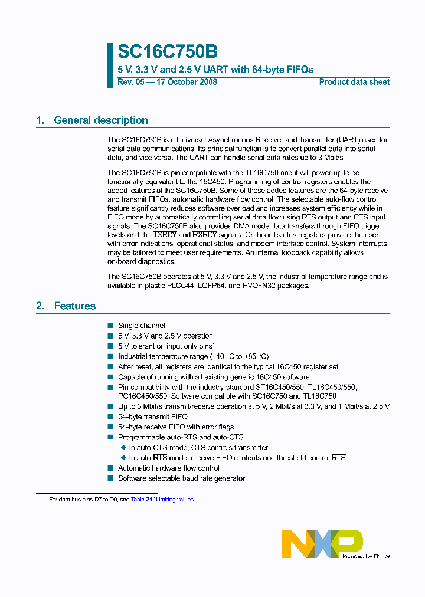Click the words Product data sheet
coord(354,82)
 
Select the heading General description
coord(100,120)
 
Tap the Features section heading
coord(74,306)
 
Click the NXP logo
coord(322,543)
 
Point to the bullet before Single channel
coord(110,326)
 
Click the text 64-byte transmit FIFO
coord(153,416)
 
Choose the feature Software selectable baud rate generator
coord(181,478)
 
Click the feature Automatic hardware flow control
coord(169,468)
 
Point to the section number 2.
coord(40,306)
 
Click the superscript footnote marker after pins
coord(213,345)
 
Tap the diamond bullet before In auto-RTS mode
coord(124,458)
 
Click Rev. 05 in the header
coord(130,82)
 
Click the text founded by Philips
coord(366,556)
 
